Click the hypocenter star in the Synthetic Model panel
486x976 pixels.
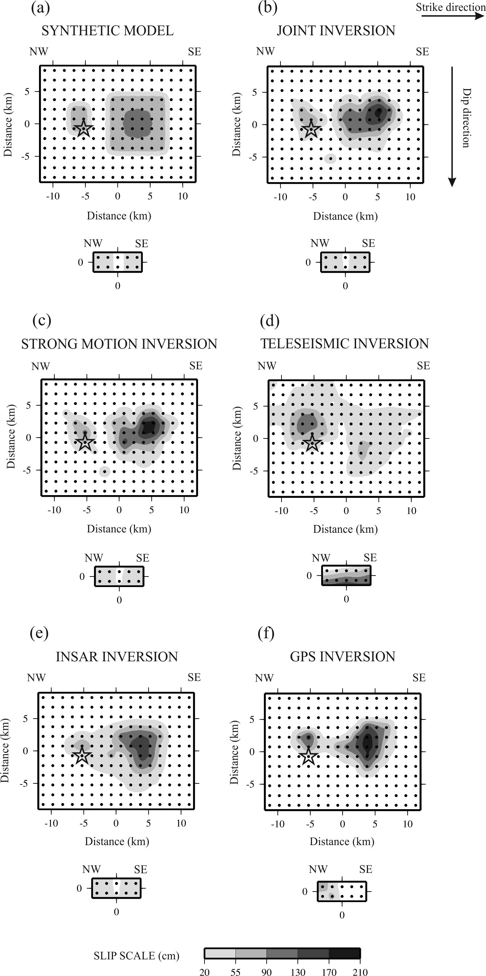tap(83, 129)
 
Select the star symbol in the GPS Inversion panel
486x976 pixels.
tap(309, 756)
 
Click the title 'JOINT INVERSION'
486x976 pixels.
tap(336, 31)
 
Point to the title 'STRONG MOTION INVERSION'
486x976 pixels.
tap(119, 344)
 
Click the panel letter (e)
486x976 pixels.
tap(39, 633)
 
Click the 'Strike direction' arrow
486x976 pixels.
tap(453, 16)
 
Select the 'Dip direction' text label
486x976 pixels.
tap(467, 118)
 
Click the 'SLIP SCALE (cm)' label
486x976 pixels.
tap(136, 956)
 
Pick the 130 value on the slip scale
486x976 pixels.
tap(298, 972)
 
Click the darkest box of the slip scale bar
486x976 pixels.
tap(344, 953)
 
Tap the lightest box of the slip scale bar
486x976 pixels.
tap(220, 953)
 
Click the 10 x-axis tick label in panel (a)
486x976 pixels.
tap(183, 196)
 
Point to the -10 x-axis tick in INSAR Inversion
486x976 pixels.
tap(51, 823)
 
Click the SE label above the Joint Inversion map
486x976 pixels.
tap(422, 52)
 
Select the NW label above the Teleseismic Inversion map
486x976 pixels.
tap(267, 366)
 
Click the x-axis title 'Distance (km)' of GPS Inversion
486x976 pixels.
tap(342, 841)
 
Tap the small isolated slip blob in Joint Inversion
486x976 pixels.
tap(330, 158)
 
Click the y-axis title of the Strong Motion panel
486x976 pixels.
tap(11, 436)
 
